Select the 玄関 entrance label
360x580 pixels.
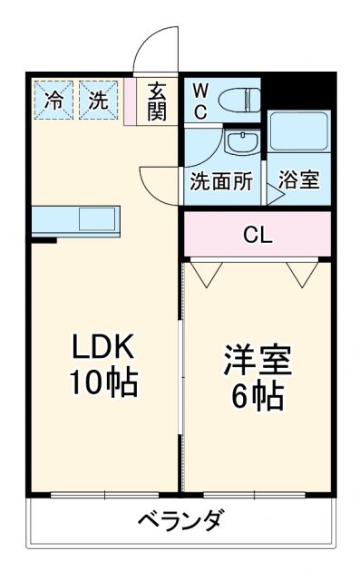(157, 101)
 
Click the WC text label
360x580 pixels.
(200, 101)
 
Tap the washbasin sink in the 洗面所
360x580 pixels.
(242, 143)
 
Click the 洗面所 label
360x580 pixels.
(221, 179)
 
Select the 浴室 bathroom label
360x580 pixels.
(298, 179)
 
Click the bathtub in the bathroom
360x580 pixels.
(298, 131)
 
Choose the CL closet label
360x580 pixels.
(258, 235)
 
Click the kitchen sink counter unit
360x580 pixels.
(76, 220)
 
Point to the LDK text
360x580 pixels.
(103, 347)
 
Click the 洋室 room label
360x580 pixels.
(258, 361)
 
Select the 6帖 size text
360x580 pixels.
(258, 396)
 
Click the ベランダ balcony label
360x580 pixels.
(181, 523)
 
